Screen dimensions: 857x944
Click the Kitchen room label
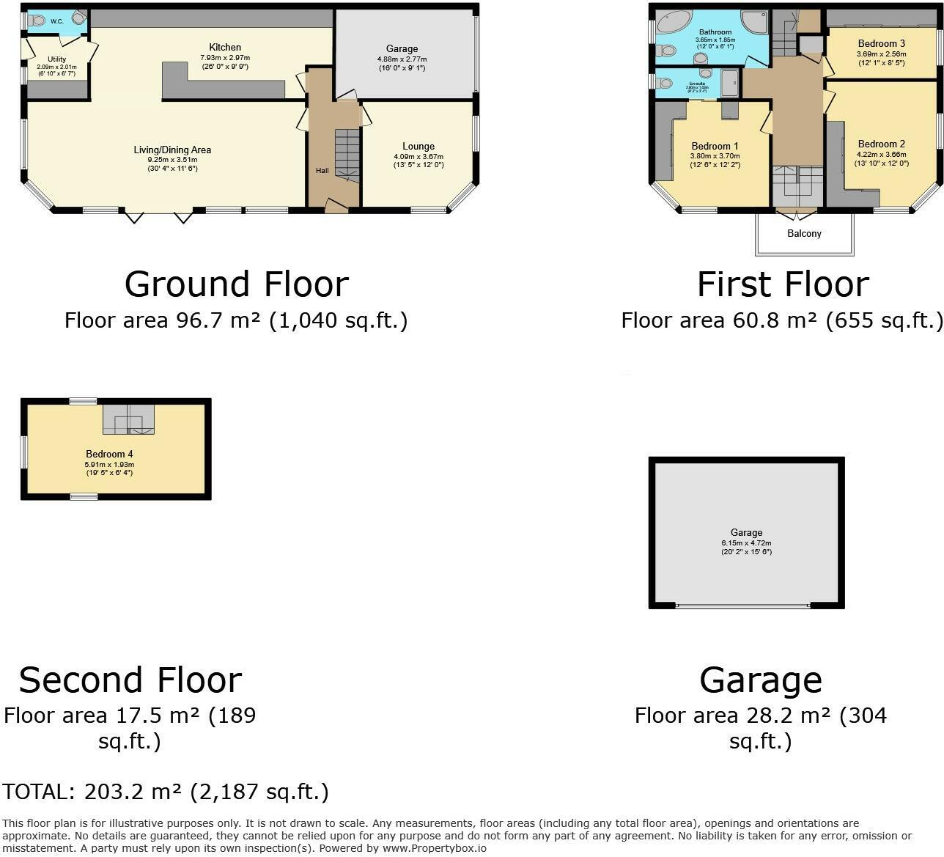225,48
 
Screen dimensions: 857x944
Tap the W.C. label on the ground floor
57,21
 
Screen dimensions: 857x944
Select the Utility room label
56,59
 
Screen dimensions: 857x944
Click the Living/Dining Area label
172,150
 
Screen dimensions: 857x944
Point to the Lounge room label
418,146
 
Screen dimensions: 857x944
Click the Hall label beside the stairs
322,171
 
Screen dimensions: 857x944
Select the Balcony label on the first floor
804,233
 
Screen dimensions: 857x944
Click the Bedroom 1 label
715,146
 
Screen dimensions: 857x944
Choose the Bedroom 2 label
882,144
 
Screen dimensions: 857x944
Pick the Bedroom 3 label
882,43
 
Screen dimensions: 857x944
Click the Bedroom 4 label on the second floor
109,454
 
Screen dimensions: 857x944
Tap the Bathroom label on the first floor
715,32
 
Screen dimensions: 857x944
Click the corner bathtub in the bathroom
673,21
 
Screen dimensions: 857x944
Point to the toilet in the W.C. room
36,21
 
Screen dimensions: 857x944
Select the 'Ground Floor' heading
236,284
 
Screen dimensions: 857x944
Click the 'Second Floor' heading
130,680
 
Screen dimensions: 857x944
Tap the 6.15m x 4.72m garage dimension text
746,543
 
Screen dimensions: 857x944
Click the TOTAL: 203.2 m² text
165,792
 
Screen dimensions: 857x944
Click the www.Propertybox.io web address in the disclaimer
434,848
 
